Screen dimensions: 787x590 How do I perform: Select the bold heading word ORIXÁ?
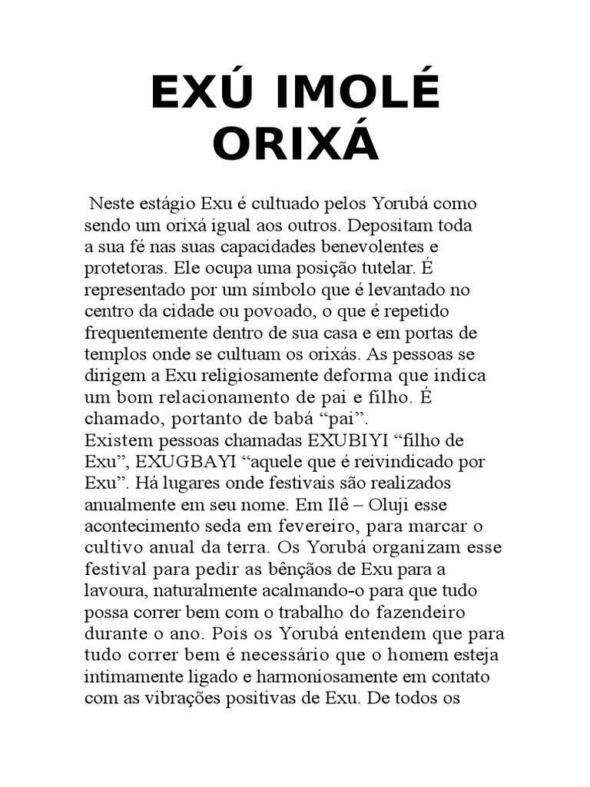296,144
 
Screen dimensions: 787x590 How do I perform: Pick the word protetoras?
124,270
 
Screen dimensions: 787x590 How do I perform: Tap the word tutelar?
388,270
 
